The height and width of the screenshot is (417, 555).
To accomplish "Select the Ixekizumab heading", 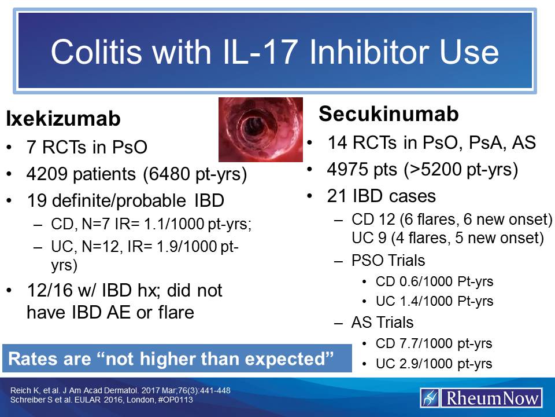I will click(x=63, y=119).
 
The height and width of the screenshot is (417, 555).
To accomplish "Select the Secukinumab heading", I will click(x=388, y=114).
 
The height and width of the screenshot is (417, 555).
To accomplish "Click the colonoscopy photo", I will click(x=260, y=129).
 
